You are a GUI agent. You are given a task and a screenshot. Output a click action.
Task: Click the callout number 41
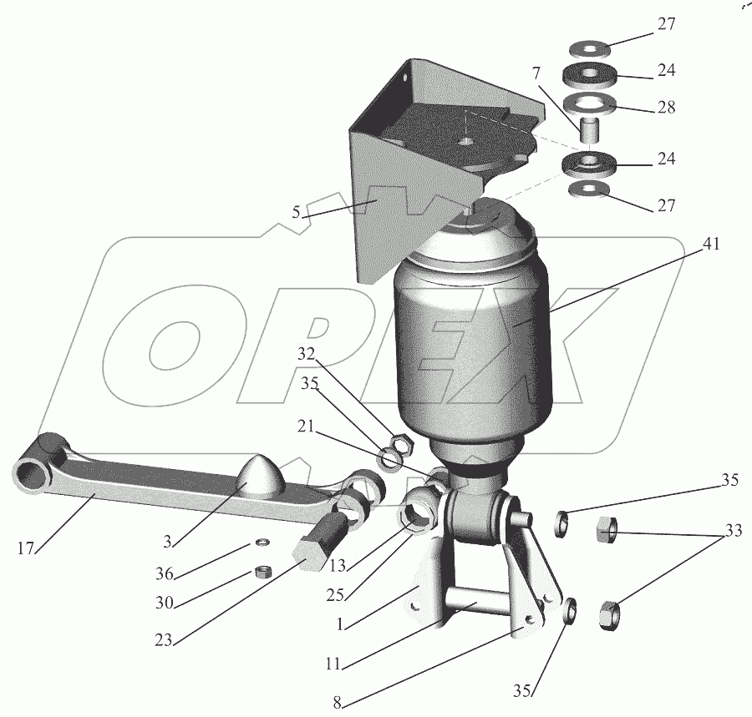click(x=711, y=245)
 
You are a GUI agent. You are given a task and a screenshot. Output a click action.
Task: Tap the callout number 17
click(x=26, y=548)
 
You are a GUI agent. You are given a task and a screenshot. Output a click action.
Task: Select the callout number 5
click(x=296, y=212)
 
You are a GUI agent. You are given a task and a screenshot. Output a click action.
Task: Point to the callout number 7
click(x=536, y=73)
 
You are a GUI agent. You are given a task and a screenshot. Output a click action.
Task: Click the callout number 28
click(x=666, y=107)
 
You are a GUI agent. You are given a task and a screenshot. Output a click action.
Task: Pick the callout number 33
click(x=734, y=530)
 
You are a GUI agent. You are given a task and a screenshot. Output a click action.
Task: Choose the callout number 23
click(x=164, y=640)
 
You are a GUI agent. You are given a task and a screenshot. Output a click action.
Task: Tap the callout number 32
click(x=306, y=354)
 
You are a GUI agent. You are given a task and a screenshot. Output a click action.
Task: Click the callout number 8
click(x=338, y=703)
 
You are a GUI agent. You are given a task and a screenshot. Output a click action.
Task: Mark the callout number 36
click(x=164, y=573)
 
